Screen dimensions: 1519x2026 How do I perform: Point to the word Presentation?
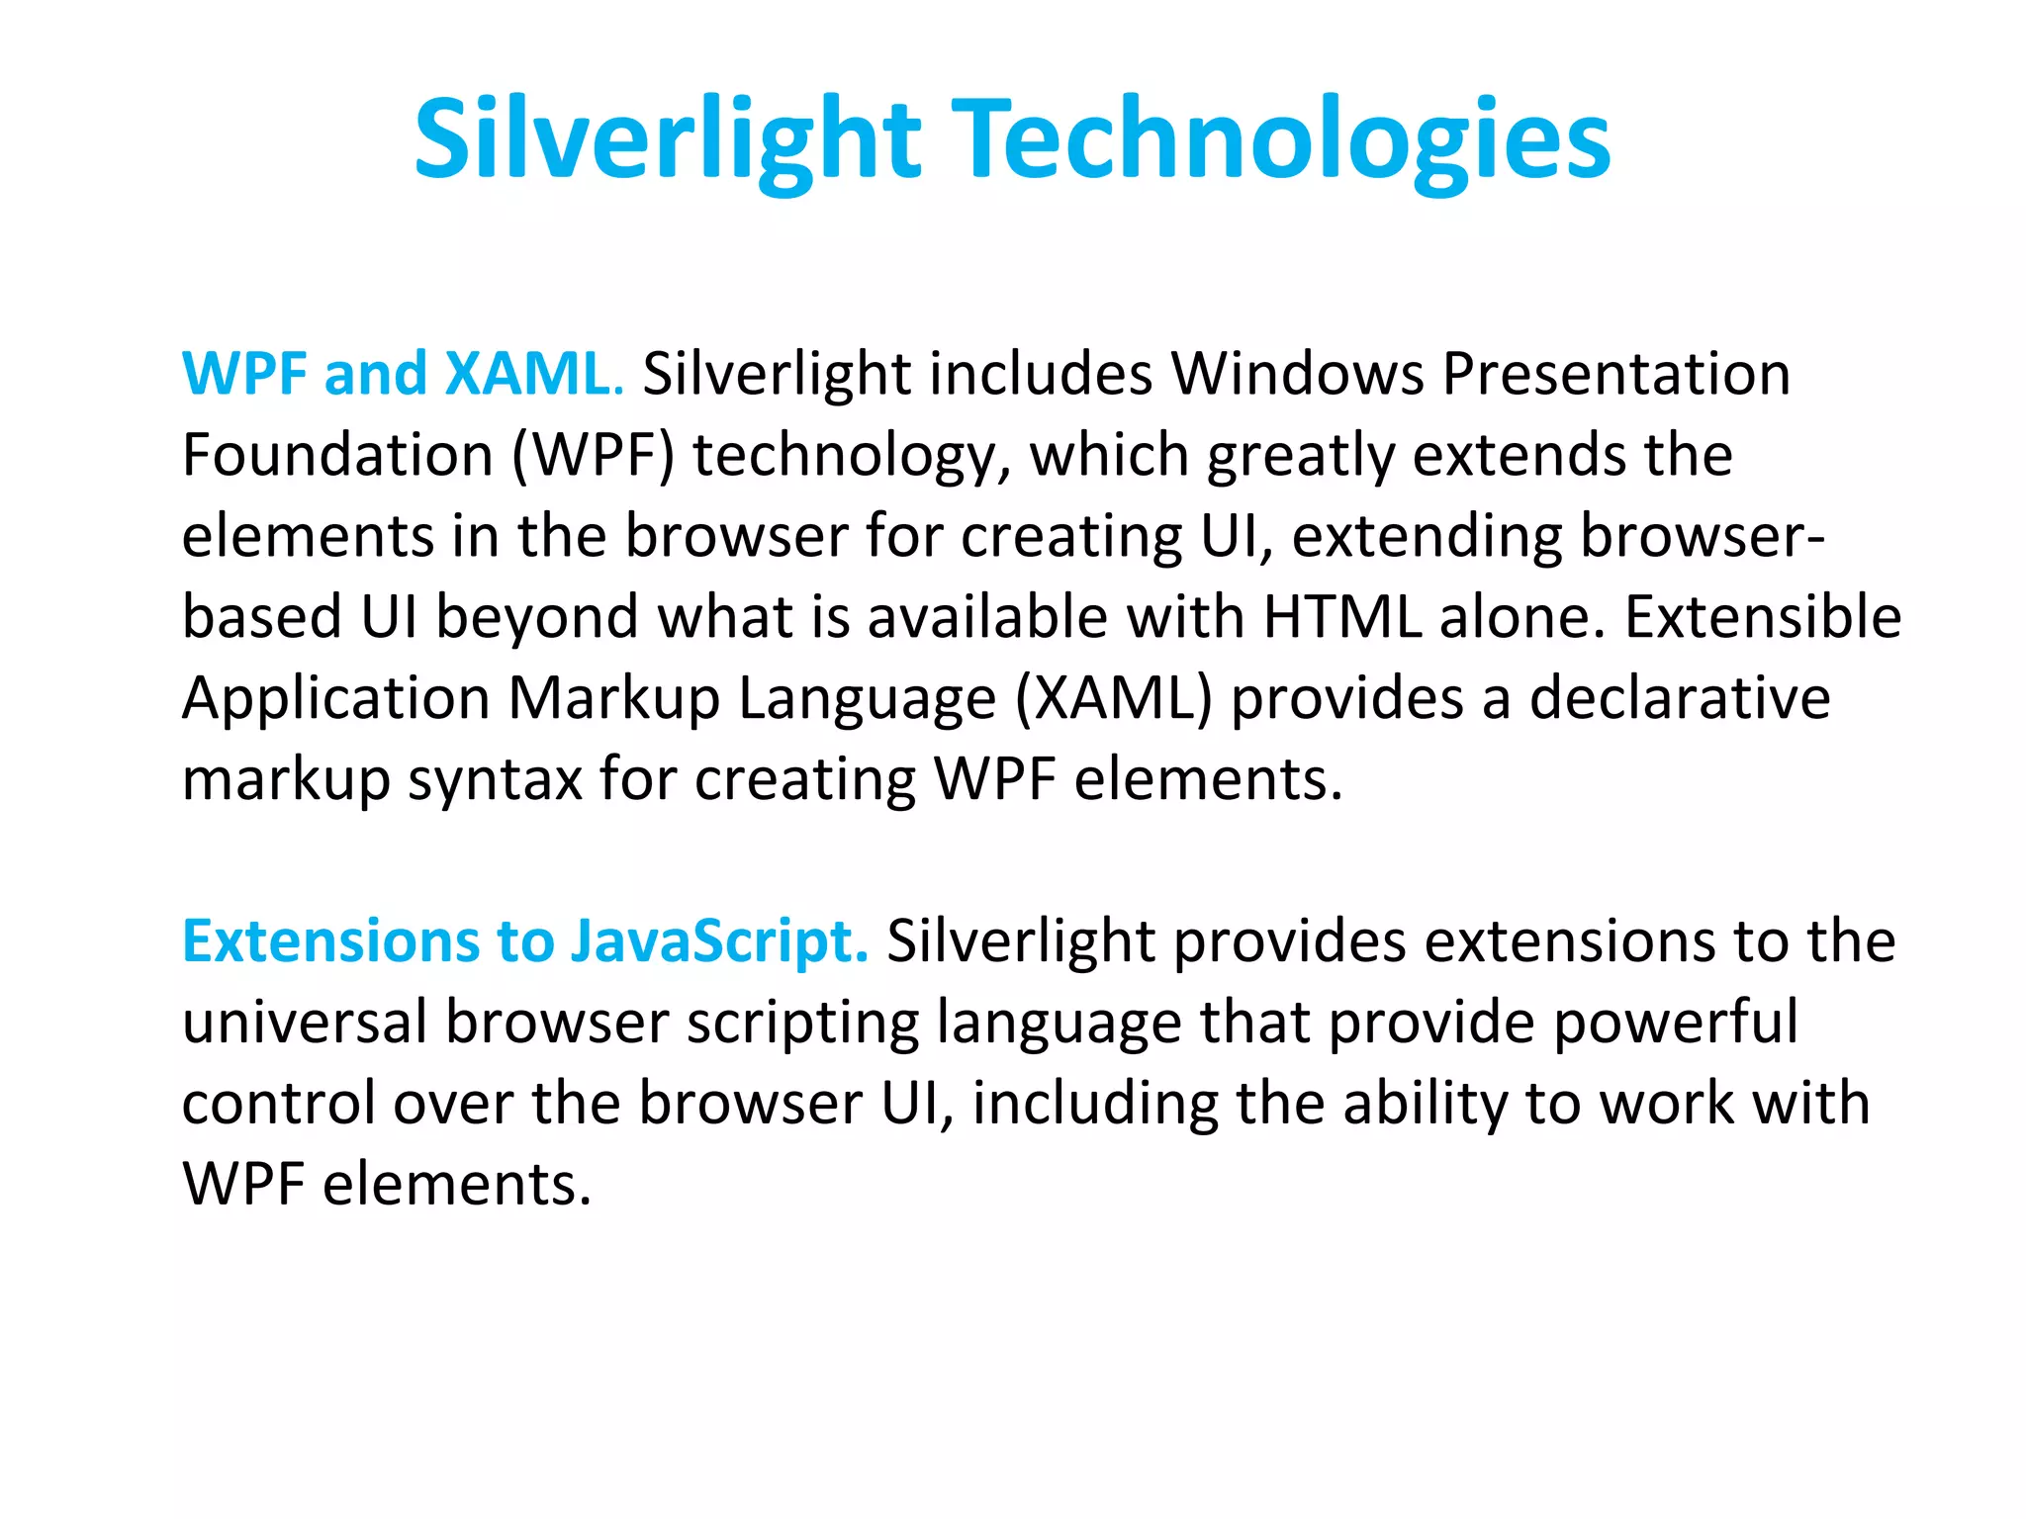point(1615,374)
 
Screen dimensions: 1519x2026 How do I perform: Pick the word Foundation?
point(337,455)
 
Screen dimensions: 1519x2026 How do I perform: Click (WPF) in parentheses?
point(593,455)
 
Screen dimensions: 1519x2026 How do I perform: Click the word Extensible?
point(1763,617)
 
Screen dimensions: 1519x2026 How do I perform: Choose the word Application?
point(336,698)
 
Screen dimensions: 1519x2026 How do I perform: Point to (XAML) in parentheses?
point(1114,698)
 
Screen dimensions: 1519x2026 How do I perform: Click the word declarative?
point(1680,698)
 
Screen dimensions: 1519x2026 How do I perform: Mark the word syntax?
point(495,779)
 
